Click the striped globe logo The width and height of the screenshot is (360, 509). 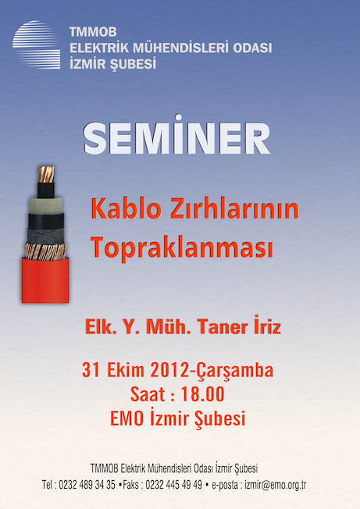click(37, 44)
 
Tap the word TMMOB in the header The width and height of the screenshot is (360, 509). click(93, 32)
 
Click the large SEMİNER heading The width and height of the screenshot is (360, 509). click(176, 134)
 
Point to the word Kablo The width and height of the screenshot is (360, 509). click(126, 209)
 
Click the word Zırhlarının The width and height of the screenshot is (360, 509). click(234, 209)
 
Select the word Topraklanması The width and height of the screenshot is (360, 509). click(182, 247)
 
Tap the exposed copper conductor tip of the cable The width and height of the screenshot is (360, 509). click(46, 174)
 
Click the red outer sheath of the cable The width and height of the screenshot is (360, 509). click(45, 280)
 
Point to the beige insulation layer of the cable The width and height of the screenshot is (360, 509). click(46, 205)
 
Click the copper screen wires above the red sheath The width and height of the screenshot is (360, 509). click(46, 251)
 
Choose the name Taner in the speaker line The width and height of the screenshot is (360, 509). click(223, 326)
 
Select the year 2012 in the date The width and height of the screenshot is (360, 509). click(169, 370)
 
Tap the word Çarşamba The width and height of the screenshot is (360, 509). click(235, 371)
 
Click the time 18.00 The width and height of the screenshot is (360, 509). click(202, 394)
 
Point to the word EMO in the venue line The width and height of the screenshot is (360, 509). click(127, 418)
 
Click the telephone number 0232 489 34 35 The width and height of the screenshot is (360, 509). click(87, 485)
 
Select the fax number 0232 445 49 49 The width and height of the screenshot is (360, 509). click(173, 485)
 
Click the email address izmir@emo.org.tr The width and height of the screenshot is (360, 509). click(276, 485)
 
